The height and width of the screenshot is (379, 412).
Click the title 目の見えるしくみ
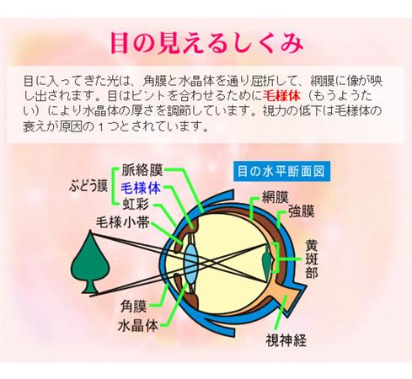(x=206, y=44)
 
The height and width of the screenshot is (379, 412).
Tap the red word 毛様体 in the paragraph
(x=281, y=96)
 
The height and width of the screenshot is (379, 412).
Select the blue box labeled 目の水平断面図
(x=281, y=171)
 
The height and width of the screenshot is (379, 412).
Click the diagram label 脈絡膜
(x=142, y=170)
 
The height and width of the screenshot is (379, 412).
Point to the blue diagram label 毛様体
(x=141, y=188)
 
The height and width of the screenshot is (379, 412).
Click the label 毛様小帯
(x=123, y=223)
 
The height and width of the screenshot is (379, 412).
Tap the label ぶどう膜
(x=88, y=186)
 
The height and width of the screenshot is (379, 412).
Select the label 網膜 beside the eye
(x=275, y=197)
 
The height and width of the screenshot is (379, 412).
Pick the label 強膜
(x=301, y=211)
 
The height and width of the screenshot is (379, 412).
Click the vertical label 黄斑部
(x=312, y=259)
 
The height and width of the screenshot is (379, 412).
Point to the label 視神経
(x=286, y=340)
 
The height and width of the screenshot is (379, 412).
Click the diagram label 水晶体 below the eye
(x=138, y=326)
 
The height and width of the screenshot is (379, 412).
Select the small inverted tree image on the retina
(x=267, y=259)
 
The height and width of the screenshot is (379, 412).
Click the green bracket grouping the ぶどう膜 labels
(x=114, y=186)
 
